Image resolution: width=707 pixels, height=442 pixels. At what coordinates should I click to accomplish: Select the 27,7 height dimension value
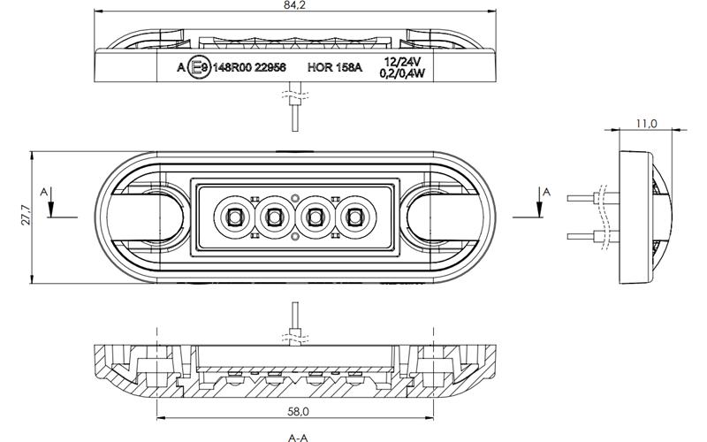26,215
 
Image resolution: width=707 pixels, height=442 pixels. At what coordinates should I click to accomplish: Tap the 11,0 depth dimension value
646,124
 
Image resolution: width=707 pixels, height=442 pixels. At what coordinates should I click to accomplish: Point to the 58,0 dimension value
298,411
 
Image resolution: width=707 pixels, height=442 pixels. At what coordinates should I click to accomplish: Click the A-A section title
298,437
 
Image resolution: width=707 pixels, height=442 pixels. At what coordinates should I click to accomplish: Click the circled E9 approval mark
199,68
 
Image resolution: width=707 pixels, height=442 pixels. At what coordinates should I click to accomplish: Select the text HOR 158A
335,68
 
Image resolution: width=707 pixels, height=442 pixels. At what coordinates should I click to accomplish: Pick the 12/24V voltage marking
402,61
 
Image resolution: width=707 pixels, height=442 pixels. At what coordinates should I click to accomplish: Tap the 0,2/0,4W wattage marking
402,73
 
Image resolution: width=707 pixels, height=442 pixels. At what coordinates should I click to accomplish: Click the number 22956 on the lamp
270,68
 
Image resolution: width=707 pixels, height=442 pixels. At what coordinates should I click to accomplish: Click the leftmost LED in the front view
233,217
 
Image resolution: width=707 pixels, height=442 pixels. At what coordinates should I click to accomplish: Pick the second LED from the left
275,217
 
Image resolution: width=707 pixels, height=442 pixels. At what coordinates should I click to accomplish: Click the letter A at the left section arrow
43,192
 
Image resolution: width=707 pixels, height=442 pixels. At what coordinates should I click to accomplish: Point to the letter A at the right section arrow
546,192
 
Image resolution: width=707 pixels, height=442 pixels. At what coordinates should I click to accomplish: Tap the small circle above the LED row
295,197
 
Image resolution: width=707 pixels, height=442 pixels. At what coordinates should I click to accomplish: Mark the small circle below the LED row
295,236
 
